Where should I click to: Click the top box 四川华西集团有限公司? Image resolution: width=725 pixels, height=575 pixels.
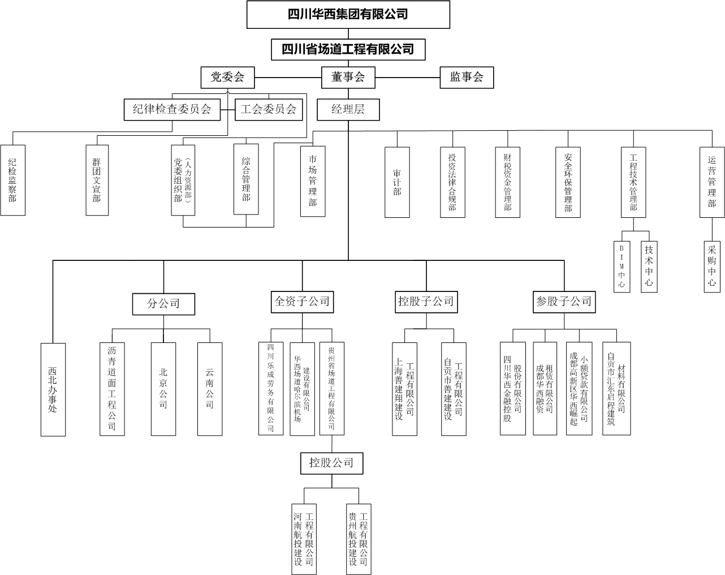pos(348,15)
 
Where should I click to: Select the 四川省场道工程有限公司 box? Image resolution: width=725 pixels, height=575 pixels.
pos(348,49)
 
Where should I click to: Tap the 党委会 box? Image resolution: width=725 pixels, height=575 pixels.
pos(227,78)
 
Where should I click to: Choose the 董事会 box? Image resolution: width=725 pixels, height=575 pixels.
pos(348,78)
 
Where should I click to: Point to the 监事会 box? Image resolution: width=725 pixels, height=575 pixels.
pos(467,78)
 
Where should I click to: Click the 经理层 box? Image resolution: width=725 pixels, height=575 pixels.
pos(348,110)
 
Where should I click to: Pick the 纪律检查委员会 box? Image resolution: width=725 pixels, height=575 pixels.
pos(172,110)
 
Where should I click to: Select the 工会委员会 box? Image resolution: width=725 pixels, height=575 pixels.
pos(269,110)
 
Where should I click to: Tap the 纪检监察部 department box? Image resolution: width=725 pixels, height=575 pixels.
pos(13,180)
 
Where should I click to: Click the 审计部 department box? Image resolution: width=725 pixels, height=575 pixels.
pos(397,182)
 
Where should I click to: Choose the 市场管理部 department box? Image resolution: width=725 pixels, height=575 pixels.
pos(313,181)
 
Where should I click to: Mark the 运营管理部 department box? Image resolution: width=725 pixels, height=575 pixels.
pos(712,182)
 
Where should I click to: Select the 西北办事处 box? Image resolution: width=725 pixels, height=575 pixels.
pos(53,389)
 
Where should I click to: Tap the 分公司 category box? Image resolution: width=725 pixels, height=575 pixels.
pos(163,304)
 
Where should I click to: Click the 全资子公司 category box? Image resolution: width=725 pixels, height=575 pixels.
pos(302,301)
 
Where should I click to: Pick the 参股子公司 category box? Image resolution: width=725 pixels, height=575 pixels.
pos(564,302)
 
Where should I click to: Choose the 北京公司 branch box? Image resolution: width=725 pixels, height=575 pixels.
pos(163,389)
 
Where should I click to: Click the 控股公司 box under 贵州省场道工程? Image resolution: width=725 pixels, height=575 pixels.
pos(331,463)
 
